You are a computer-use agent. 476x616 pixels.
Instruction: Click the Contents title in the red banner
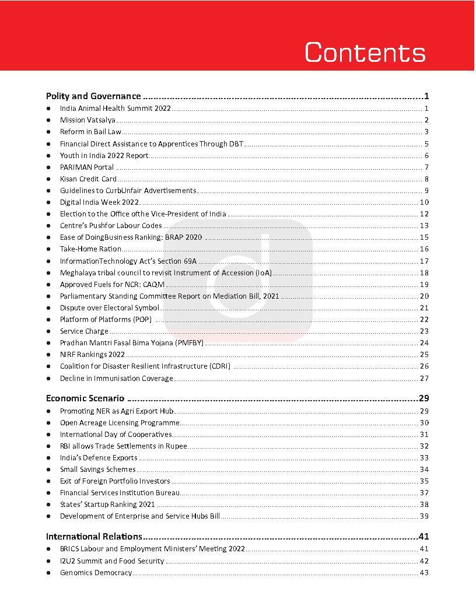365,52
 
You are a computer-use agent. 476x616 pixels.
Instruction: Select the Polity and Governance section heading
93,96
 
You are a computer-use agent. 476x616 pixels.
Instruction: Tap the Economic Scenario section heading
85,399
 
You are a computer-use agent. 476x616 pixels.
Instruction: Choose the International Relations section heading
94,537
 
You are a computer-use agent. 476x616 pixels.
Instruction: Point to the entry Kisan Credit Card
88,179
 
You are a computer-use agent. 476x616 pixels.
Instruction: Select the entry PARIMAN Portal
87,167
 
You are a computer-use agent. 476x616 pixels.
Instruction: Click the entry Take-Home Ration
90,249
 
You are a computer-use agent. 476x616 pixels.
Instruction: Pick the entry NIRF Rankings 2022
92,355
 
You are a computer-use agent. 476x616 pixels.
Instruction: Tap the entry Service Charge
84,331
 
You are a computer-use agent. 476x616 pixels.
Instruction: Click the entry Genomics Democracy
96,573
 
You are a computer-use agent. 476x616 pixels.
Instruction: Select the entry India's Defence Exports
99,458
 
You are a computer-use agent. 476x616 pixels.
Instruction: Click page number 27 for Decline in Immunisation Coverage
424,379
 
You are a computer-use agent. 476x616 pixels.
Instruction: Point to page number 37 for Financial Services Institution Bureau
424,493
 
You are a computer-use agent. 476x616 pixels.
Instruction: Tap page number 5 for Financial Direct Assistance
426,144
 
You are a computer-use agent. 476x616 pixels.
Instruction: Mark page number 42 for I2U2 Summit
424,561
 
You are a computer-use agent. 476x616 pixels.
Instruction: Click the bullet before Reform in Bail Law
48,132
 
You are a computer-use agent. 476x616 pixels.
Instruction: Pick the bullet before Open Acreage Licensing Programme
48,423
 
